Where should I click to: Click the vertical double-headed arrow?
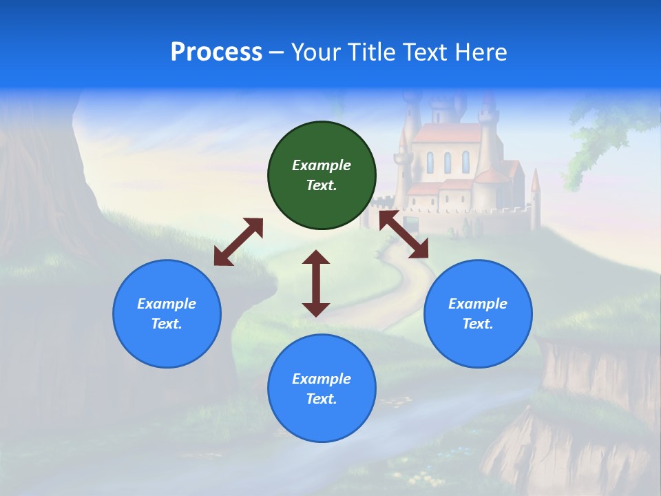click(316, 283)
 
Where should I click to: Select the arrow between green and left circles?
click(238, 242)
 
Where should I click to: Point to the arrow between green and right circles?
click(404, 235)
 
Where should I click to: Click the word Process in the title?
click(216, 52)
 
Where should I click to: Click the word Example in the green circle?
click(322, 165)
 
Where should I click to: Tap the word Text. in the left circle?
click(167, 324)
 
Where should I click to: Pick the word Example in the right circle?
click(478, 304)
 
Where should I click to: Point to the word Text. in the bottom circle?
click(322, 399)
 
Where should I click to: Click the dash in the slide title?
click(276, 53)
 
